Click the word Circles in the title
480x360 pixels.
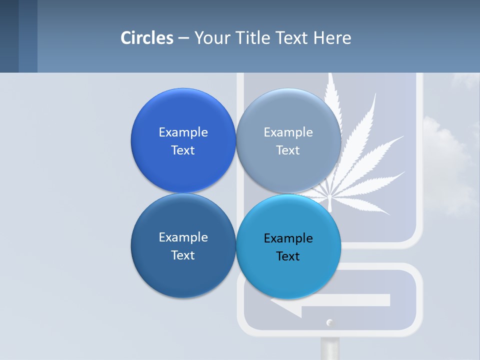pyautogui.click(x=146, y=37)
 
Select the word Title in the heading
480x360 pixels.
pyautogui.click(x=253, y=37)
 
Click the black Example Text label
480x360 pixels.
pyautogui.click(x=288, y=247)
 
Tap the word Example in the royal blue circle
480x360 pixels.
pyautogui.click(x=183, y=132)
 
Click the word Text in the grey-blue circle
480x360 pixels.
pyautogui.click(x=288, y=150)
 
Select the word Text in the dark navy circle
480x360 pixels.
pyautogui.click(x=183, y=255)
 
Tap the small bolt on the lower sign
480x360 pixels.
pyautogui.click(x=329, y=322)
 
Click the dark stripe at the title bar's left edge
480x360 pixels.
pyautogui.click(x=9, y=36)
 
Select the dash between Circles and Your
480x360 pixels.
pyautogui.click(x=183, y=38)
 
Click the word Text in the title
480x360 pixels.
pyautogui.click(x=292, y=37)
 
